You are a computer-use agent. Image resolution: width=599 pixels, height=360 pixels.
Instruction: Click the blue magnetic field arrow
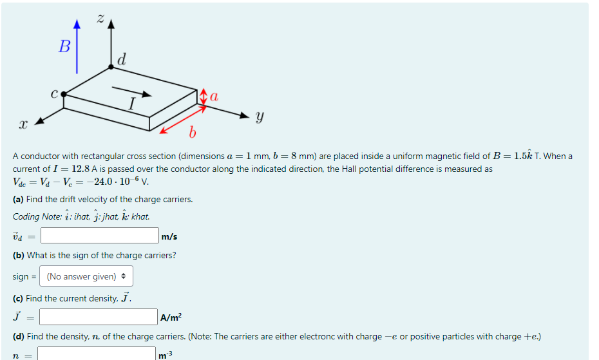(77, 48)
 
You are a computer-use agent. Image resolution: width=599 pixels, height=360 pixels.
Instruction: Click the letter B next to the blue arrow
(64, 46)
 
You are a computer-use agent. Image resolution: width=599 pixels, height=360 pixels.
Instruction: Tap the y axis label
(259, 117)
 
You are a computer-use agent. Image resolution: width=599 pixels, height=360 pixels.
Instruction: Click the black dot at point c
(63, 94)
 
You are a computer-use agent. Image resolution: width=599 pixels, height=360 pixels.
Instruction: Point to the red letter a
(214, 97)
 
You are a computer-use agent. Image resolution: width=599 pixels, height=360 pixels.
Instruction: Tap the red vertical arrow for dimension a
(204, 98)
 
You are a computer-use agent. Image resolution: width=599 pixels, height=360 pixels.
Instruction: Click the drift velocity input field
(100, 236)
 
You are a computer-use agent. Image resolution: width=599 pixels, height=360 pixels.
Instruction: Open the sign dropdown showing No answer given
(86, 276)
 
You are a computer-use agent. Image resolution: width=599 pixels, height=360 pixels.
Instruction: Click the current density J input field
(99, 317)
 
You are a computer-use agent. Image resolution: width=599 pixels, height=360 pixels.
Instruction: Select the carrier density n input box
(97, 354)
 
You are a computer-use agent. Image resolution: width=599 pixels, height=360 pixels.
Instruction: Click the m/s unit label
(169, 236)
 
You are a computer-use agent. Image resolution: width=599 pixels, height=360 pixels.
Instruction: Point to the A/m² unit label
(171, 317)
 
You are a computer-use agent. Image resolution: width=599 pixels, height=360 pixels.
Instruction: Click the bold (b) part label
(18, 255)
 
